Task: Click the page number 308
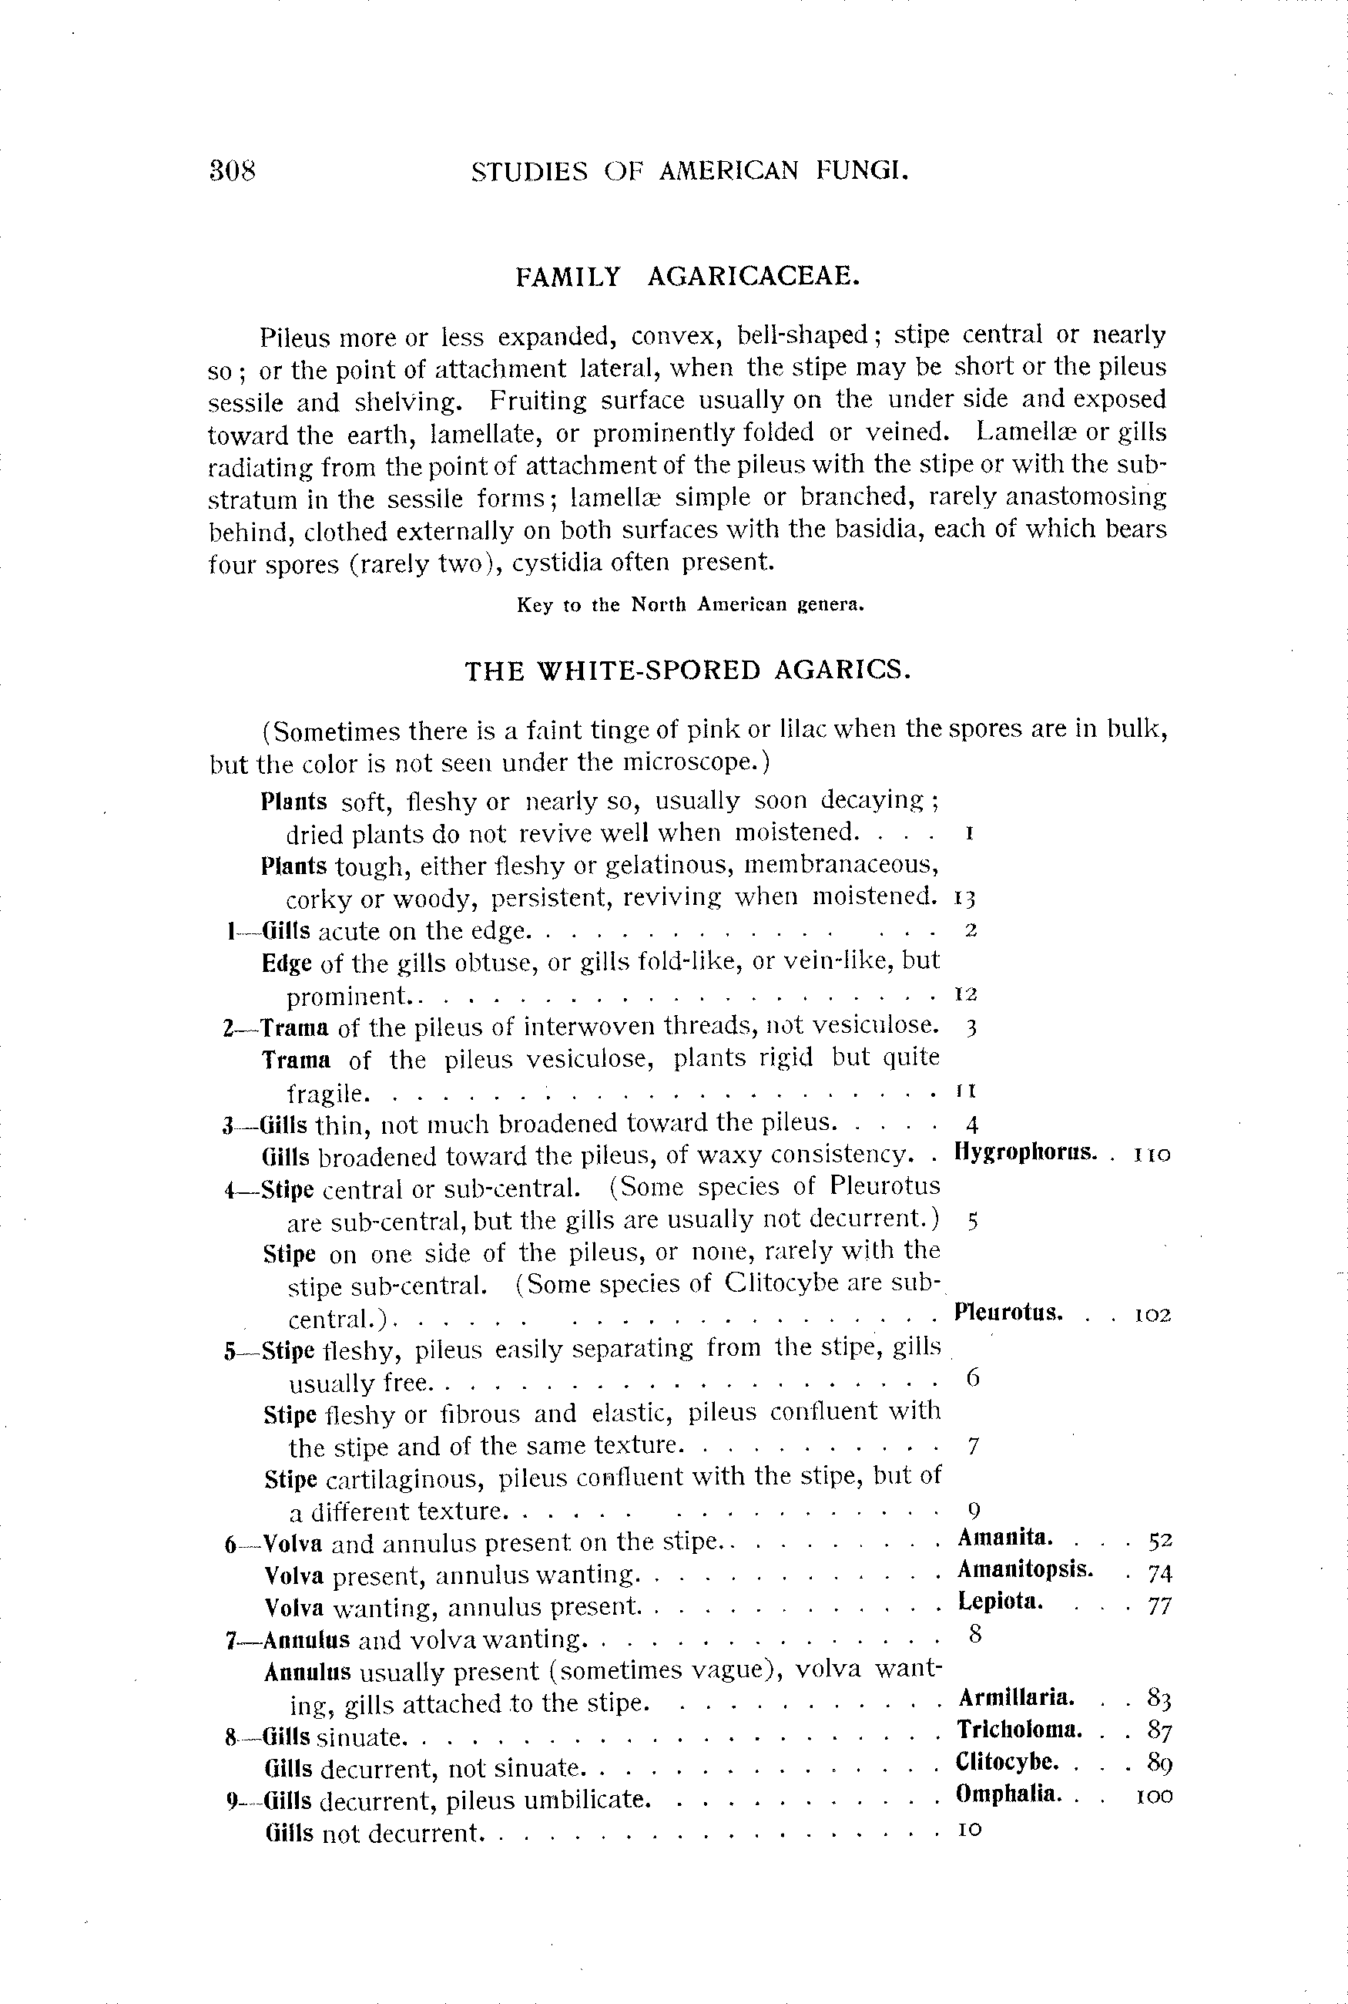pos(232,170)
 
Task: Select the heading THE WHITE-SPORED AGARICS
pos(688,670)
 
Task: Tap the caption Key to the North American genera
pos(689,604)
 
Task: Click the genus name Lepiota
pos(1000,1602)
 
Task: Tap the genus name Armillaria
pos(1015,1698)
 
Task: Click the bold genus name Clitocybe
pos(1007,1761)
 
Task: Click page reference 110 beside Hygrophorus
pos(1152,1155)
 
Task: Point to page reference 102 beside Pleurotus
pos(1153,1315)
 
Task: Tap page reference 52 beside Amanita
pos(1160,1538)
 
